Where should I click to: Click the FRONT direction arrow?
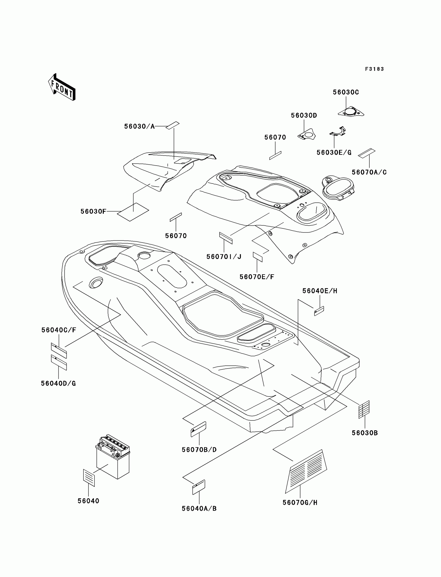[x=62, y=87]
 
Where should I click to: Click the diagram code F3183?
[x=374, y=69]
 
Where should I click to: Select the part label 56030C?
[x=346, y=92]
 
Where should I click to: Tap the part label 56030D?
[x=304, y=115]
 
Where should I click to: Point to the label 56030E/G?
[x=334, y=153]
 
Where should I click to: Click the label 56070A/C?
[x=369, y=172]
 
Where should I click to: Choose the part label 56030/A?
[x=139, y=127]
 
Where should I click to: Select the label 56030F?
[x=93, y=212]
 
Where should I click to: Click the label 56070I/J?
[x=224, y=257]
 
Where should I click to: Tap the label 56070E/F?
[x=257, y=277]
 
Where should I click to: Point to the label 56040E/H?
[x=320, y=291]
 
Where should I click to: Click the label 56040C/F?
[x=59, y=330]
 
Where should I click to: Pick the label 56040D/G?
[x=58, y=384]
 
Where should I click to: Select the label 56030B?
[x=365, y=433]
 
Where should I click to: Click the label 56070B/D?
[x=199, y=450]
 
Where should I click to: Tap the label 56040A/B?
[x=199, y=509]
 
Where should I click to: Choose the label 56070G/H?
[x=300, y=503]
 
